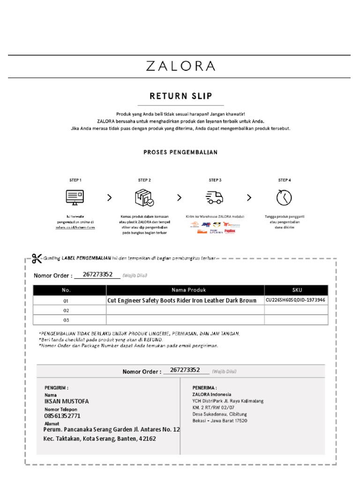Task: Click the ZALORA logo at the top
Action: pyautogui.click(x=180, y=66)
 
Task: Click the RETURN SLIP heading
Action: pyautogui.click(x=180, y=96)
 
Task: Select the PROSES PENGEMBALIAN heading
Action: pyautogui.click(x=180, y=152)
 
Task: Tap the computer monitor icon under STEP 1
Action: pyautogui.click(x=75, y=197)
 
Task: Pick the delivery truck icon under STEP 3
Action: pyautogui.click(x=215, y=197)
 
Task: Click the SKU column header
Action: pyautogui.click(x=297, y=290)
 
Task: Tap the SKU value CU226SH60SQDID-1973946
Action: pyautogui.click(x=296, y=300)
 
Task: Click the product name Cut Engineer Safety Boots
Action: pyautogui.click(x=182, y=300)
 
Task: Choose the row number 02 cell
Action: pyautogui.click(x=66, y=310)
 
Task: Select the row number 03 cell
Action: pyautogui.click(x=66, y=320)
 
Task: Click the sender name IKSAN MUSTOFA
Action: pyautogui.click(x=66, y=401)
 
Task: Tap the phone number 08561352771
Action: pyautogui.click(x=62, y=416)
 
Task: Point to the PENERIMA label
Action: pyautogui.click(x=205, y=388)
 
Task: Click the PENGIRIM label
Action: pyautogui.click(x=57, y=388)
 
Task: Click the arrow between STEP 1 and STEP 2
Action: pyautogui.click(x=110, y=198)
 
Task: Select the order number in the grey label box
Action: pyautogui.click(x=185, y=370)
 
